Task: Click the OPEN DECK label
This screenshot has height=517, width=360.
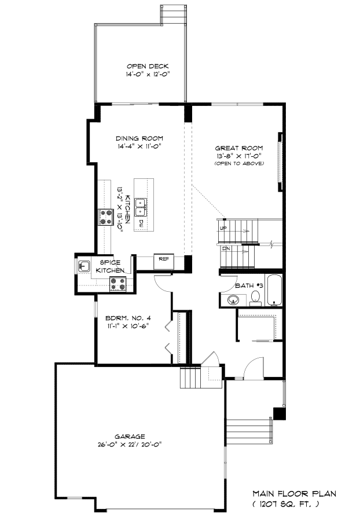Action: (x=148, y=66)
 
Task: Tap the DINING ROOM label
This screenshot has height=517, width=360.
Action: (x=139, y=138)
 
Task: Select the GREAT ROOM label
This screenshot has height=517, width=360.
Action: (x=238, y=148)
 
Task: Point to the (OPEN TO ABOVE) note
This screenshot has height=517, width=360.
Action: (x=238, y=163)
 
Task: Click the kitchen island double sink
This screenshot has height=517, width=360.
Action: (x=141, y=207)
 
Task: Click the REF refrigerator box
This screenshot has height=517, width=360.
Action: (x=164, y=262)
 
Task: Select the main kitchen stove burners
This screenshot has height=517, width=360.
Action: (x=106, y=217)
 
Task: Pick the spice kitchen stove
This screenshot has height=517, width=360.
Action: (x=117, y=284)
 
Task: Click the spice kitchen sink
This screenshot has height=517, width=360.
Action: (x=85, y=266)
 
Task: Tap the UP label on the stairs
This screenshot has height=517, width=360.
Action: (x=223, y=228)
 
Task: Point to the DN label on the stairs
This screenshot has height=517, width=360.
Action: (x=226, y=248)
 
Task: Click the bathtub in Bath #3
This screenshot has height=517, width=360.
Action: (x=274, y=290)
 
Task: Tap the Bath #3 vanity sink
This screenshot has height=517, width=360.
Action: (x=233, y=300)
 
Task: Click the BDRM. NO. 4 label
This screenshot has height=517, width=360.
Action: (x=128, y=318)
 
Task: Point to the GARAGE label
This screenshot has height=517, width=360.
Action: (x=130, y=437)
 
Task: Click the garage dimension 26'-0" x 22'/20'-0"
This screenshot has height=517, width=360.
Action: (x=130, y=445)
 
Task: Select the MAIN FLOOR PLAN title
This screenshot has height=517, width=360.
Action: (x=295, y=494)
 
